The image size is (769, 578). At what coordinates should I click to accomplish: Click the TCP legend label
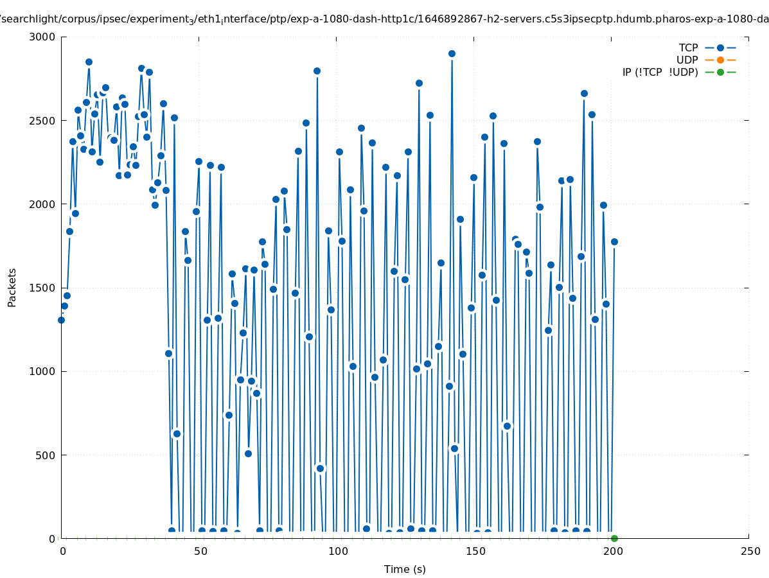pyautogui.click(x=688, y=48)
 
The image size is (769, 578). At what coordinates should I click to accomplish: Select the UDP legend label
pyautogui.click(x=687, y=60)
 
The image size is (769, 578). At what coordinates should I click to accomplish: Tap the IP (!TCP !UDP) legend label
pyautogui.click(x=660, y=72)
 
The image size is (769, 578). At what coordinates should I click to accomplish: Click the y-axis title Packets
pyautogui.click(x=12, y=287)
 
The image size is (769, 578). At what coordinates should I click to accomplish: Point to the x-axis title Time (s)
pyautogui.click(x=405, y=569)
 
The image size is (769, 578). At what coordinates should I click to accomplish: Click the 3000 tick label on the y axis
pyautogui.click(x=42, y=37)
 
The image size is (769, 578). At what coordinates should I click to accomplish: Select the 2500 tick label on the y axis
pyautogui.click(x=42, y=121)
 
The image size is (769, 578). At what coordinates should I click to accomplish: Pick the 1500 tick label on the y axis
pyautogui.click(x=42, y=288)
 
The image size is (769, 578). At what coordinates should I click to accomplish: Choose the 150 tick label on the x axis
pyautogui.click(x=473, y=552)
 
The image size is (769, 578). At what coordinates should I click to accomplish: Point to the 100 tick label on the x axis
pyautogui.click(x=337, y=552)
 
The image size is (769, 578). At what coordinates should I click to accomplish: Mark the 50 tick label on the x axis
pyautogui.click(x=199, y=552)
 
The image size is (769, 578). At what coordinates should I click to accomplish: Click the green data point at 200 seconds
pyautogui.click(x=614, y=538)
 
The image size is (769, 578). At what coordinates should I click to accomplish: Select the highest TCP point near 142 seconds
pyautogui.click(x=452, y=53)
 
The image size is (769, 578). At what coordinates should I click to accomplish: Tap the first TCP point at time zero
pyautogui.click(x=61, y=320)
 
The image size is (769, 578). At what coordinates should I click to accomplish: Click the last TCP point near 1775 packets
pyautogui.click(x=614, y=241)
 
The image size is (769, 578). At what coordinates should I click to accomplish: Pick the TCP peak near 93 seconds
pyautogui.click(x=317, y=71)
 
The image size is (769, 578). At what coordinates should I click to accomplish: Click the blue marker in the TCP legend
pyautogui.click(x=720, y=48)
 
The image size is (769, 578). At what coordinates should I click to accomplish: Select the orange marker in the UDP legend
pyautogui.click(x=720, y=60)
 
